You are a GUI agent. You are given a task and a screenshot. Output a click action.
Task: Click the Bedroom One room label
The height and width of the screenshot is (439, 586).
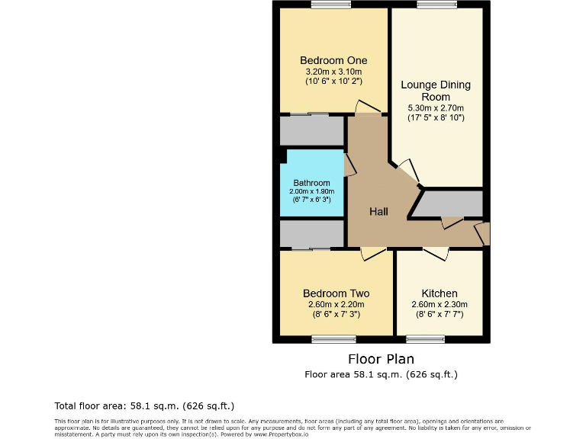click(x=333, y=60)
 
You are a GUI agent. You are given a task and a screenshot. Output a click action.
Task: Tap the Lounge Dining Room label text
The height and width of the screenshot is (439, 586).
click(x=436, y=91)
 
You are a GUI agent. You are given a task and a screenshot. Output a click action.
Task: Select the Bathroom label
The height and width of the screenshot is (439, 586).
click(x=312, y=183)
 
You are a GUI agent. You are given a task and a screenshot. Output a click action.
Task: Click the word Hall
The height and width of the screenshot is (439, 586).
click(x=379, y=211)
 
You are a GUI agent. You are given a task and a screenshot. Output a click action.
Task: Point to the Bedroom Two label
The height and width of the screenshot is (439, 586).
click(x=336, y=293)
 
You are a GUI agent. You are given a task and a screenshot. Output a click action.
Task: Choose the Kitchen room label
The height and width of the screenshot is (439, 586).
click(x=439, y=293)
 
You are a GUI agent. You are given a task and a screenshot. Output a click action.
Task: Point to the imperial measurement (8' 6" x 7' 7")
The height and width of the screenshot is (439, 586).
click(x=439, y=314)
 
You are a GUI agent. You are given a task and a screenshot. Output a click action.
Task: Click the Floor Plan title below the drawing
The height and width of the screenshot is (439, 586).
click(x=381, y=358)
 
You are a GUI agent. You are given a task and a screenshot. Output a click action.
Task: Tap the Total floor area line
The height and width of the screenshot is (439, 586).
click(x=144, y=405)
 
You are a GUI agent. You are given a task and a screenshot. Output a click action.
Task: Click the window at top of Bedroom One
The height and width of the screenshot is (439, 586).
click(x=331, y=5)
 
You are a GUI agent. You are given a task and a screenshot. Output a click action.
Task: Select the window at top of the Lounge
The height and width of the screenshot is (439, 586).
click(x=437, y=5)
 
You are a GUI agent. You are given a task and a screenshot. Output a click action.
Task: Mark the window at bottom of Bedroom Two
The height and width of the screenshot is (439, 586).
click(x=333, y=339)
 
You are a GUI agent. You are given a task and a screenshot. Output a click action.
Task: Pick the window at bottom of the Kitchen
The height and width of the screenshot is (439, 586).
click(x=425, y=339)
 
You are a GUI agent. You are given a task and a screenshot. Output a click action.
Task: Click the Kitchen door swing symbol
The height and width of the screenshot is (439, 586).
click(x=436, y=254)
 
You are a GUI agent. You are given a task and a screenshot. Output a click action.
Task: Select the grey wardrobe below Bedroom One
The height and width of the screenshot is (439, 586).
click(x=311, y=130)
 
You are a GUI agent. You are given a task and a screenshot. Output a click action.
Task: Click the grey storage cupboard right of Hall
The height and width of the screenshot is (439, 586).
click(x=450, y=204)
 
